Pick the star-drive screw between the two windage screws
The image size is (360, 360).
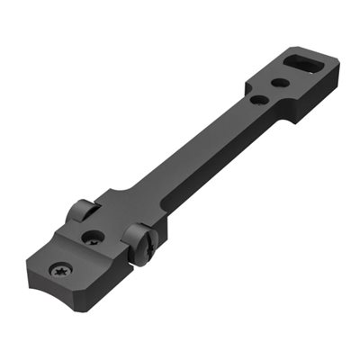tap(94, 238)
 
